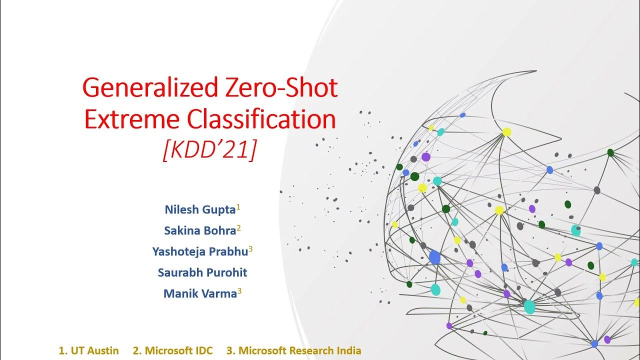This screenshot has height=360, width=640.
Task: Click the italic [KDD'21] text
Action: [x=209, y=149]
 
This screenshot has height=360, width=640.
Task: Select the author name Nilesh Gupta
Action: [x=200, y=209]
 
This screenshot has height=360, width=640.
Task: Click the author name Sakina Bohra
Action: [x=200, y=230]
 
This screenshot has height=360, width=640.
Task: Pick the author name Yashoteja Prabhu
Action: [x=200, y=251]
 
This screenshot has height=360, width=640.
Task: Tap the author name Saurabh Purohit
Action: [x=202, y=272]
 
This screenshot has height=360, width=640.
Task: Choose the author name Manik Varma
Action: [x=200, y=294]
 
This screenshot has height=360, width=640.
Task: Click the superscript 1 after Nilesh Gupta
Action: [x=238, y=206]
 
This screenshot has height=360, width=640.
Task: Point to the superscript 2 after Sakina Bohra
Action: [x=239, y=227]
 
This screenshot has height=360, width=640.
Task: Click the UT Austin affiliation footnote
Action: [x=89, y=350]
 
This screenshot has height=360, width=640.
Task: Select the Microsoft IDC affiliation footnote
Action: [x=172, y=350]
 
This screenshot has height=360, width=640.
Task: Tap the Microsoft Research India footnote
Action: [x=294, y=350]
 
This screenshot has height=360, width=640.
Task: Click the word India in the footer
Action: [x=348, y=350]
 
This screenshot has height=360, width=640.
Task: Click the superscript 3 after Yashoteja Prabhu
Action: [x=250, y=248]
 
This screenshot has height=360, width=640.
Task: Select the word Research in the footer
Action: [x=308, y=350]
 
